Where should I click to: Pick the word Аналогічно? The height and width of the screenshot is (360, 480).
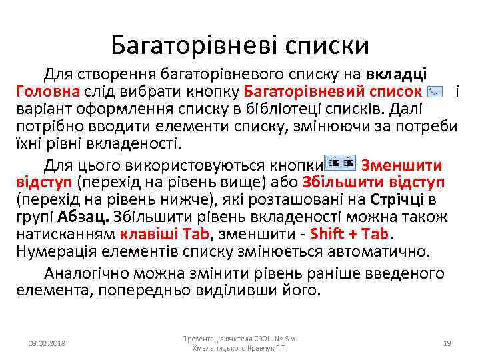click(85, 273)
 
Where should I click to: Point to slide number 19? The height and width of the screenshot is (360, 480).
click(447, 343)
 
